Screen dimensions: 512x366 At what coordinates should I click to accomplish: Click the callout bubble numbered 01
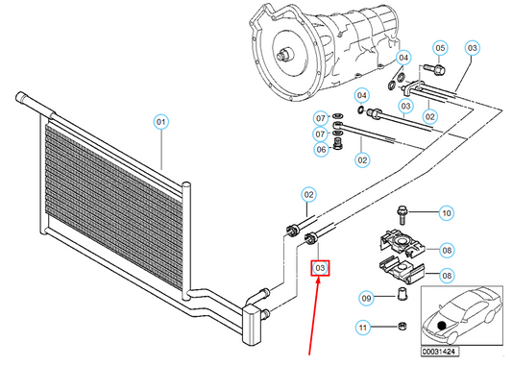pos(160,122)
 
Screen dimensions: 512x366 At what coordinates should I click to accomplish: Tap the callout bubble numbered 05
pos(440,48)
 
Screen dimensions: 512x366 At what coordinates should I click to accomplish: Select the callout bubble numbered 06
pos(321,150)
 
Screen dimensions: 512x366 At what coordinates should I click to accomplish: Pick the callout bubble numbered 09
pos(366,298)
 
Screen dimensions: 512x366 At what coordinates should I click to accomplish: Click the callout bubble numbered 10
pos(446,213)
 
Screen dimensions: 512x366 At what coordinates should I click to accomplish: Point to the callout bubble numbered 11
pos(363,328)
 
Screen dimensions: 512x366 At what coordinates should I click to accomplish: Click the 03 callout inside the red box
pos(320,268)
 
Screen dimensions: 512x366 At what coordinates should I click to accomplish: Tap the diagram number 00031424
pos(439,352)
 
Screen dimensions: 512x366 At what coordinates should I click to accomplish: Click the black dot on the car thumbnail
pos(442,326)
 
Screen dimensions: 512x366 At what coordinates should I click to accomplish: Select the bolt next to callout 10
pos(402,215)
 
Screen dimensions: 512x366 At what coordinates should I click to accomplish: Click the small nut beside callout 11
pos(402,326)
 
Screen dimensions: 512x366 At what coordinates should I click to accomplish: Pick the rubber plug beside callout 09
pos(402,294)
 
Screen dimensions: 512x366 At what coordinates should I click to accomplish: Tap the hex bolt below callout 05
pos(434,69)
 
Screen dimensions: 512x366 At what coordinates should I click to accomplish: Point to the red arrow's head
pos(318,281)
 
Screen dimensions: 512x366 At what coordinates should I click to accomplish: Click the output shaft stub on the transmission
pos(284,54)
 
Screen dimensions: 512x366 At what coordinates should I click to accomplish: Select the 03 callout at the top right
pos(473,48)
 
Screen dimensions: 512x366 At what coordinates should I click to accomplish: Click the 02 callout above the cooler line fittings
pos(308,195)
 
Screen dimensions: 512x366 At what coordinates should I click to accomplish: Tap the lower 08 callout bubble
pos(447,276)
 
